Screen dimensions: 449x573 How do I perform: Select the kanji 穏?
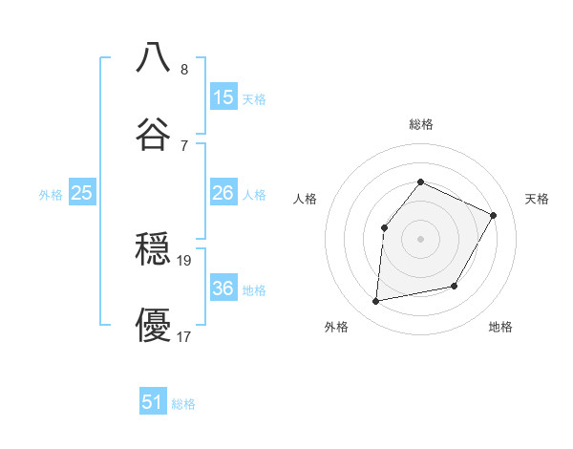154,250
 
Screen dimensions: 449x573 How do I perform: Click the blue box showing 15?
223,96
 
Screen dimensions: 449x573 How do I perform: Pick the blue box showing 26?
223,193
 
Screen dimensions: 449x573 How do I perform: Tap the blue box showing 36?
223,289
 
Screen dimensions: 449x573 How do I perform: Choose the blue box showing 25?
81,193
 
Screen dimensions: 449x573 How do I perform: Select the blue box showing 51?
153,402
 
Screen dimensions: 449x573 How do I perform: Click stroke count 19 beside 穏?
185,260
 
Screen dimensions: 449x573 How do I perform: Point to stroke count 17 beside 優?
185,336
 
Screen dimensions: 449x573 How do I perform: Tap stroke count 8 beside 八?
184,70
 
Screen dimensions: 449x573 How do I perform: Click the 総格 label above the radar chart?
421,124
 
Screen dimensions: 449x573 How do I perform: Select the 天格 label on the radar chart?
537,199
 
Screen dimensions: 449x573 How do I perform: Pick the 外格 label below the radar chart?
336,327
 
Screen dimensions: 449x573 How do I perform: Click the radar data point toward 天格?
494,215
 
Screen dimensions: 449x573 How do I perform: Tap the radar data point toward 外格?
376,302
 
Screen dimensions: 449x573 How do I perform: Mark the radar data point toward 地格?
455,286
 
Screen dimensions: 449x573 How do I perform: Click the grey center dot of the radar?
420,238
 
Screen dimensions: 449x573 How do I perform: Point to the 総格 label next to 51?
183,404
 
